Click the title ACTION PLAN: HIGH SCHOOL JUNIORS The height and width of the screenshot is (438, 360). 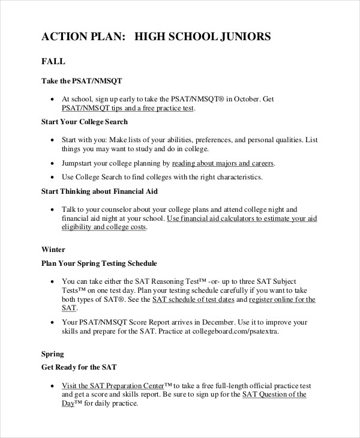pos(156,37)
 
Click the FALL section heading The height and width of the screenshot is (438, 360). pos(53,62)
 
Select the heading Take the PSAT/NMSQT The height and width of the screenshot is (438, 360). pos(82,81)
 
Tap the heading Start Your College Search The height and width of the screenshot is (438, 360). pos(84,122)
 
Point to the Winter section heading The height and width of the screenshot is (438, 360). pos(53,249)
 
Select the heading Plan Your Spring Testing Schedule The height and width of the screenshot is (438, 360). pos(98,263)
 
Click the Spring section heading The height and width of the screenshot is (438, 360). pos(52,354)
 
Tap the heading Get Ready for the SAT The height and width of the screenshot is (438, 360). pos(79,367)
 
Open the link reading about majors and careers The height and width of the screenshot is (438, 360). pos(223,163)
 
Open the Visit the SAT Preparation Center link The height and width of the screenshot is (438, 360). pos(113,385)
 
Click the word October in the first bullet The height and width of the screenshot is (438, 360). pos(245,99)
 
